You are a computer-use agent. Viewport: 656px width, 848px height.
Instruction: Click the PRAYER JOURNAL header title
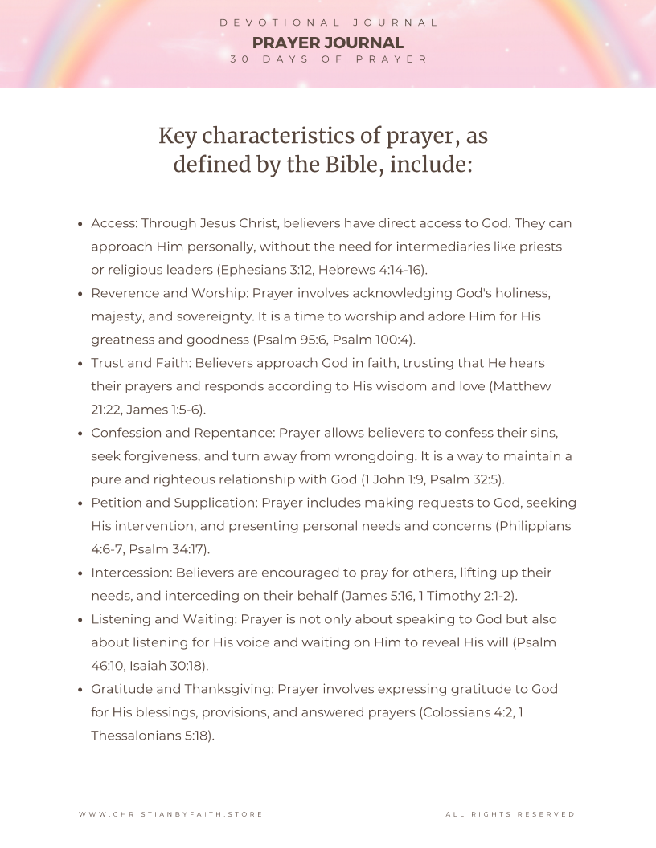(x=328, y=43)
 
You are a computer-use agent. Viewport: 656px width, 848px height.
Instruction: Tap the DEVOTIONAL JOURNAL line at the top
(x=328, y=22)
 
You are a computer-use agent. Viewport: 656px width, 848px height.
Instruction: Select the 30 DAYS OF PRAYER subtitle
(x=328, y=59)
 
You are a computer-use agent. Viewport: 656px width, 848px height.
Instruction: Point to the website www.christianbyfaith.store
(x=170, y=814)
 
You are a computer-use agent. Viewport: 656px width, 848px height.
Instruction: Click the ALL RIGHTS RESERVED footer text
(x=510, y=814)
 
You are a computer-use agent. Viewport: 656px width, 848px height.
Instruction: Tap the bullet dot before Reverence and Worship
(x=80, y=294)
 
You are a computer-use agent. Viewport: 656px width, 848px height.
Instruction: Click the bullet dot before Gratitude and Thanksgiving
(x=80, y=690)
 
